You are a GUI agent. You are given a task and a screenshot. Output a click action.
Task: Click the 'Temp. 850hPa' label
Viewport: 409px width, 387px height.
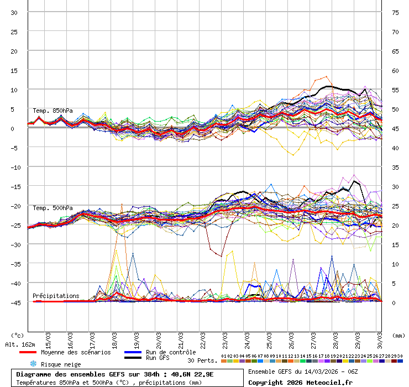(x=53, y=111)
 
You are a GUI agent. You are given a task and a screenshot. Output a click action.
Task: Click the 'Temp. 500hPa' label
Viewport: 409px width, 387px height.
(x=53, y=208)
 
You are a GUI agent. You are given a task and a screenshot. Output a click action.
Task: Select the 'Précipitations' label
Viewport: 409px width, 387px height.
(x=56, y=296)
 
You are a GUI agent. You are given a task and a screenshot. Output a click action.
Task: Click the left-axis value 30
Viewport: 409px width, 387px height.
(x=14, y=13)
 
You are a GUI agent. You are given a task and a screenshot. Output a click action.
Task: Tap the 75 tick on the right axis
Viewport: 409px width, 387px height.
(x=395, y=13)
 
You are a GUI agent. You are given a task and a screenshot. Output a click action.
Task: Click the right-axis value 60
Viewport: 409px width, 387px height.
(x=395, y=71)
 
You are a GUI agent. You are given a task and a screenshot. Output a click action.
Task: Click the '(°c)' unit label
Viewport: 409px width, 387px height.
(x=17, y=335)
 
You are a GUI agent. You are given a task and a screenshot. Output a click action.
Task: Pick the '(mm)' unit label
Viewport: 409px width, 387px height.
(x=398, y=335)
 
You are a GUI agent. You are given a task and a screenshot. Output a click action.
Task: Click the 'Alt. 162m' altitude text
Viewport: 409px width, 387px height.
(x=20, y=344)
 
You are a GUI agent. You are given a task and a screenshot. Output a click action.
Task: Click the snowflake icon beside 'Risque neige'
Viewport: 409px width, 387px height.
(x=33, y=364)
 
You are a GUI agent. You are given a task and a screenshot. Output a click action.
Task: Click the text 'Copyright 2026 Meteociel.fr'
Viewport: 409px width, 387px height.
(x=300, y=382)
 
